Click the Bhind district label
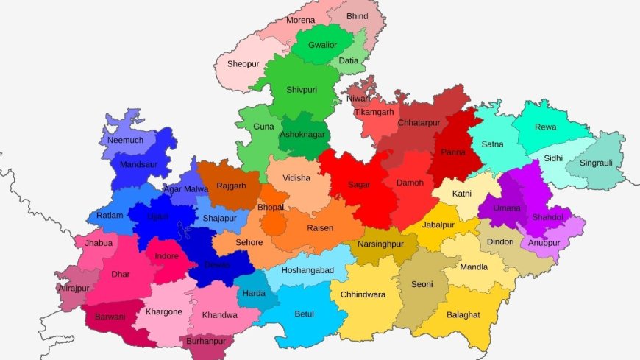[x=358, y=15]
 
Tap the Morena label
[x=300, y=20]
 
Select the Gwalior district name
[x=322, y=45]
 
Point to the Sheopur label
[x=243, y=64]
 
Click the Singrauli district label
[x=596, y=163]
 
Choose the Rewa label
[x=545, y=127]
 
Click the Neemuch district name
[x=126, y=140]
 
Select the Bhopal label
[x=271, y=208]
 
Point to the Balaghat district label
[x=462, y=314]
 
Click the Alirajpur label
[x=74, y=289]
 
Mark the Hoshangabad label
[x=308, y=270]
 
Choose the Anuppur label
[x=544, y=242]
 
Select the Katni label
[x=462, y=193]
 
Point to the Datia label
[x=349, y=60]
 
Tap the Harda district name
[x=254, y=294]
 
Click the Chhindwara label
[x=363, y=294]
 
